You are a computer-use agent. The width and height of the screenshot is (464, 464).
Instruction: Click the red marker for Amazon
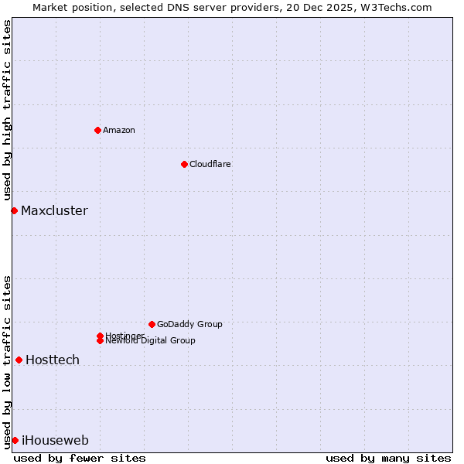97,130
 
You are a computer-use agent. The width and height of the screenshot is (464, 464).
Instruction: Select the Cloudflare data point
184,164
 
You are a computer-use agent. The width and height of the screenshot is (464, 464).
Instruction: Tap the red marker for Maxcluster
14,210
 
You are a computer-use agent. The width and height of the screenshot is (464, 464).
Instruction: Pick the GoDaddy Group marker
152,324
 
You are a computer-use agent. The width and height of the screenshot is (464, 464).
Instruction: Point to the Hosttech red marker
19,360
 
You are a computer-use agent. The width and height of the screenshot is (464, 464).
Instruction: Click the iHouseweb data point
15,440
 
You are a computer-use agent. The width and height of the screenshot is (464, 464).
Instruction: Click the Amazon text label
119,130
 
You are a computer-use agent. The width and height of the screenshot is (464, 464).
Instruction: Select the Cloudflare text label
210,164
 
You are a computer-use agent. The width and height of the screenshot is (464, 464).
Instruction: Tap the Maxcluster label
54,210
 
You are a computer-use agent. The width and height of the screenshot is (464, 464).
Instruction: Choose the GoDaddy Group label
189,324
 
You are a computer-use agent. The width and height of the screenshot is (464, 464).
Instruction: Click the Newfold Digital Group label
151,341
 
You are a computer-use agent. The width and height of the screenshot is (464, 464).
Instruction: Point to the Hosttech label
53,360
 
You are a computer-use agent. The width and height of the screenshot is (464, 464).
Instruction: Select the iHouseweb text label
55,440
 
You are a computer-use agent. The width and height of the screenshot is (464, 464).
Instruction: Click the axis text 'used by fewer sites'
80,458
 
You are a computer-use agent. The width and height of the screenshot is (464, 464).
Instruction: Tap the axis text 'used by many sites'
388,458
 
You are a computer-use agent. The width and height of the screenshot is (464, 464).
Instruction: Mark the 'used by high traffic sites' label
7,110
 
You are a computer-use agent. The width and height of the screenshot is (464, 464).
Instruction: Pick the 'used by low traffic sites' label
7,361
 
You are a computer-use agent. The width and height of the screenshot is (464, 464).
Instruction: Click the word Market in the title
50,7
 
